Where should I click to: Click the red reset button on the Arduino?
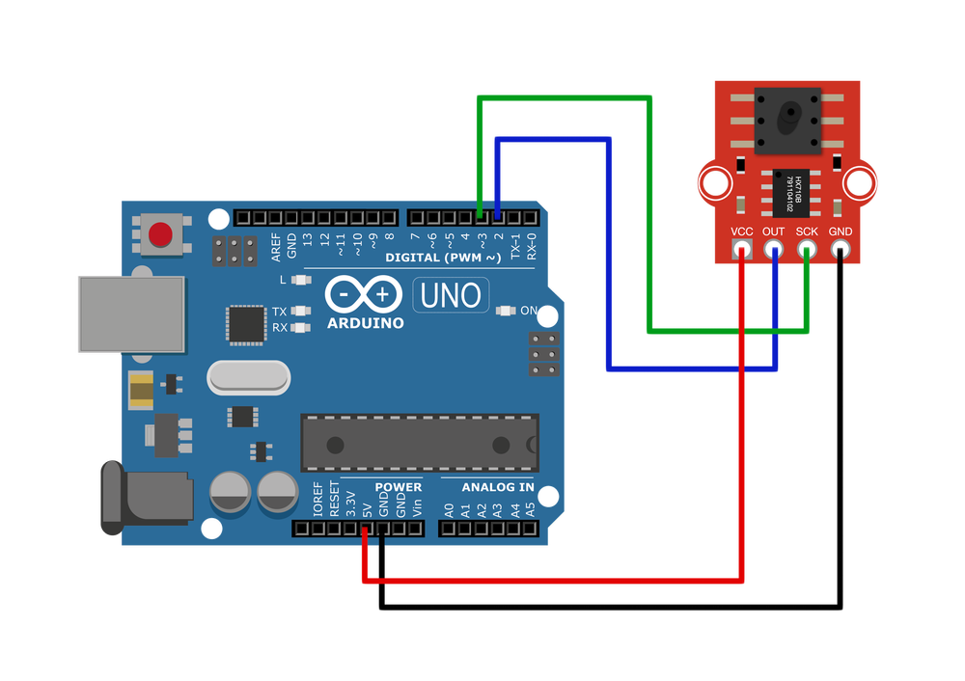[160, 233]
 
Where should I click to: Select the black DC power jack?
[145, 498]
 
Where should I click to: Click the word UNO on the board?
[451, 295]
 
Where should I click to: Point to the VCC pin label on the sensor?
[742, 232]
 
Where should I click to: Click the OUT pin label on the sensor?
[773, 232]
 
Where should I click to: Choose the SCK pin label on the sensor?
[807, 232]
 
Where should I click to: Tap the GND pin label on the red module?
[841, 232]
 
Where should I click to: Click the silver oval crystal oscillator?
[249, 377]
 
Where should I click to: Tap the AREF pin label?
[276, 247]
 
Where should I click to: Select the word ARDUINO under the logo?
[365, 323]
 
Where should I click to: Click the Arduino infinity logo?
[365, 293]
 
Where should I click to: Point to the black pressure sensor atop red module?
[787, 121]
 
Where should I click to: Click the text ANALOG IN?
[497, 487]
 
